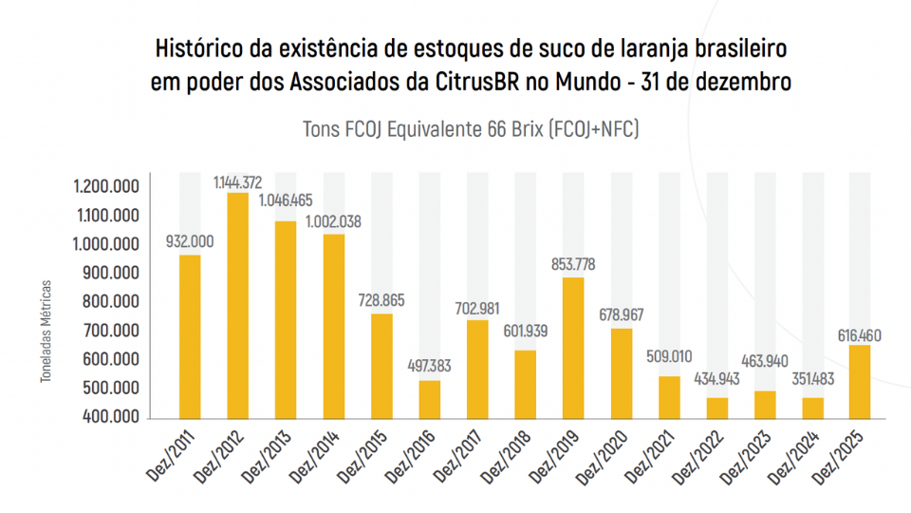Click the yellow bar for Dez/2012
(237, 305)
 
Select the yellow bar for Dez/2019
(573, 348)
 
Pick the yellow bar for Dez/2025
(860, 381)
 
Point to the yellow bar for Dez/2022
(716, 408)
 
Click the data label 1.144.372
(237, 181)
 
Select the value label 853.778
(573, 265)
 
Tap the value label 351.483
(812, 379)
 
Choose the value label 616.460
(860, 333)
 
